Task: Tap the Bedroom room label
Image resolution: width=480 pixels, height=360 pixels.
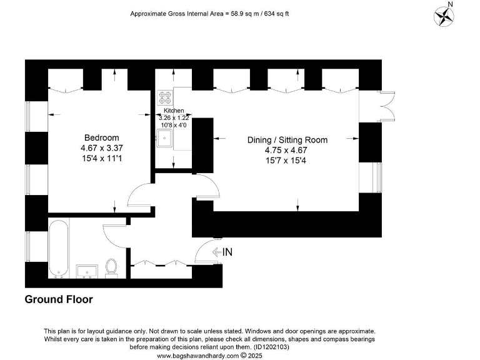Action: [x=101, y=137]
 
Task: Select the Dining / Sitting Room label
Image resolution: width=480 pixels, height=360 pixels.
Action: [x=296, y=140]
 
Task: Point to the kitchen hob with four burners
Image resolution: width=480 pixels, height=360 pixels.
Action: [x=166, y=97]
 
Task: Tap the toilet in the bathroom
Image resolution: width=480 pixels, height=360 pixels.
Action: [x=112, y=267]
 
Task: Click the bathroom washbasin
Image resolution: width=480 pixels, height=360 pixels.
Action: [x=87, y=271]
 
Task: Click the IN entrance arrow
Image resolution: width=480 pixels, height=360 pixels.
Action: [x=223, y=252]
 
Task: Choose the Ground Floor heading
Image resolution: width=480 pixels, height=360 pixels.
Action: [x=59, y=299]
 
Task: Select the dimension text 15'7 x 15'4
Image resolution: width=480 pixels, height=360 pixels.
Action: [x=296, y=161]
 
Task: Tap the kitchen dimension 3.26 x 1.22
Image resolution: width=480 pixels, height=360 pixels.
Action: [x=173, y=117]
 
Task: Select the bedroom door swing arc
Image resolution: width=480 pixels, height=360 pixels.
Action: [x=139, y=194]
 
